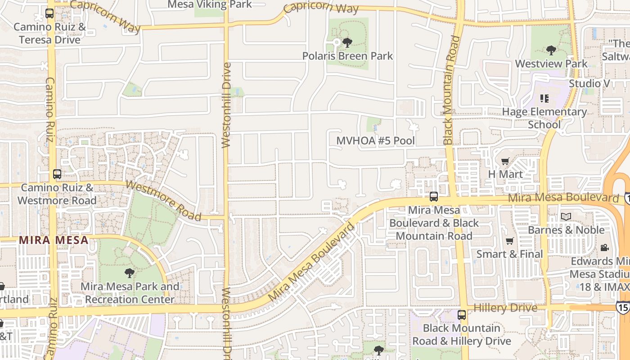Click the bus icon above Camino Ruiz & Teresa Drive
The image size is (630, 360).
pos(49,13)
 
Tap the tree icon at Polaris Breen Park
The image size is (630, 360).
pos(347,43)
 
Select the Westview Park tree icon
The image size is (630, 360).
pos(551,50)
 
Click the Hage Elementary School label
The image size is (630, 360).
pos(544,118)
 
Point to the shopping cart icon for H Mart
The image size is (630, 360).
pos(505,161)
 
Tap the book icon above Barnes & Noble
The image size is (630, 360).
pos(566,217)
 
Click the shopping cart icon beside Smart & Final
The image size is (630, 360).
pos(510,241)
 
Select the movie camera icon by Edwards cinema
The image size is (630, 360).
pos(605,248)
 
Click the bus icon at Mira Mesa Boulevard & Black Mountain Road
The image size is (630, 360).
pos(434,197)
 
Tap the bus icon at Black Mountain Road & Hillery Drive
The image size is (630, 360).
pos(462,315)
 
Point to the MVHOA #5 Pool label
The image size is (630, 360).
pos(376,141)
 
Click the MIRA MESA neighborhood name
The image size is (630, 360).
pos(54,240)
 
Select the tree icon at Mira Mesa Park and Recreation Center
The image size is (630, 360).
pos(130,273)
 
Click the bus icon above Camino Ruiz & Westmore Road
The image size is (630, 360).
pos(57,174)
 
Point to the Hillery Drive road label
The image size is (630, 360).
pos(505,308)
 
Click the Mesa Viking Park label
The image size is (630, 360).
pos(210,4)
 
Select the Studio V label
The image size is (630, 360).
pos(589,84)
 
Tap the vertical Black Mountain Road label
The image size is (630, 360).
pos(452,90)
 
